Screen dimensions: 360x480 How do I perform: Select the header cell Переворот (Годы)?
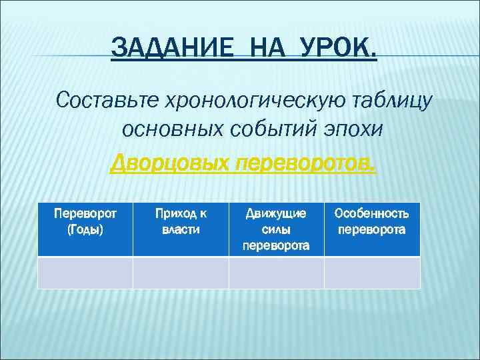(x=85, y=229)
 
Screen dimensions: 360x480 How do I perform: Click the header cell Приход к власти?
(x=181, y=229)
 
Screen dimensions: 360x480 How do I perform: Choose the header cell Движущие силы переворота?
(x=276, y=229)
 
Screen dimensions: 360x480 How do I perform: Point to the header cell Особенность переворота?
(x=372, y=229)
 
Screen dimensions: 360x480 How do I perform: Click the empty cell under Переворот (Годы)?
(x=85, y=273)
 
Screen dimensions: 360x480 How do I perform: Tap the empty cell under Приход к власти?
(x=181, y=273)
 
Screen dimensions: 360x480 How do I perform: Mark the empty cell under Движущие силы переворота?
(x=276, y=273)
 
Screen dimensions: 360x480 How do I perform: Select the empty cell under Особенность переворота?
(x=372, y=273)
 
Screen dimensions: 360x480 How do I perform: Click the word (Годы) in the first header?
(x=85, y=229)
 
